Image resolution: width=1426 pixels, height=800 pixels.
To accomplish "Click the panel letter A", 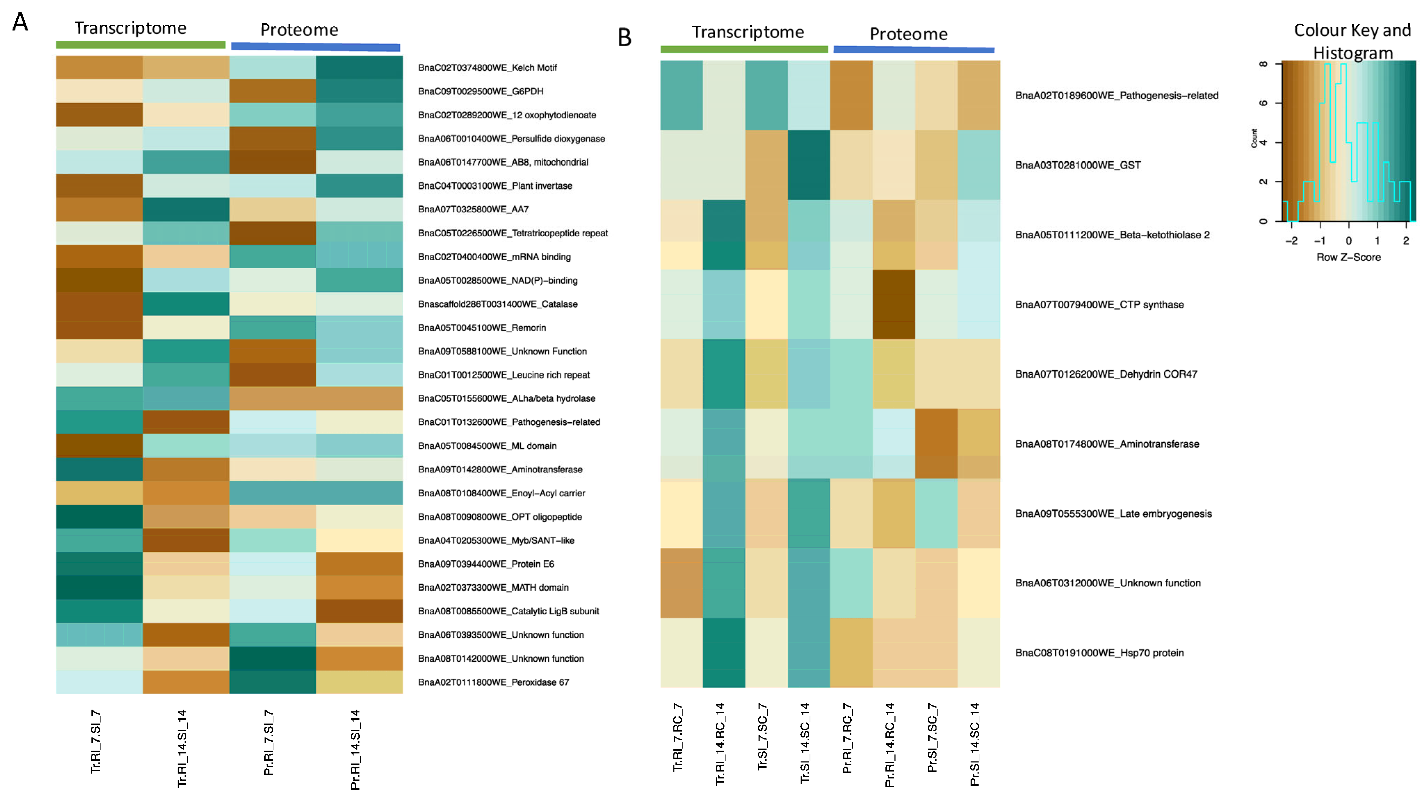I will pos(21,22).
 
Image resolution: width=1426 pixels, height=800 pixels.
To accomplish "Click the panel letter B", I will pos(624,38).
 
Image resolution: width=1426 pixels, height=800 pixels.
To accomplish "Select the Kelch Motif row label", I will pos(487,67).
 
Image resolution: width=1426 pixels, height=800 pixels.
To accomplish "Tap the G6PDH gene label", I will pos(480,91).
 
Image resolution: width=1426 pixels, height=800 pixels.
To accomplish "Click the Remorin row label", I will pos(481,327).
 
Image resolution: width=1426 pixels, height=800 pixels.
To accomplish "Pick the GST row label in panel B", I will pos(1077,165).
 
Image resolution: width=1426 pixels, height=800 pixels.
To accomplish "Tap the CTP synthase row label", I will pos(1099,304).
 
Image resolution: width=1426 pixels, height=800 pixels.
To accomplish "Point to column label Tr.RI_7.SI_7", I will pos(96,741).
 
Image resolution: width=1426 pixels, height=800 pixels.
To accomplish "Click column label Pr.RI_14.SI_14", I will pos(355,750).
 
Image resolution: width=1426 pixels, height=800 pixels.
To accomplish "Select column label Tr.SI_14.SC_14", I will pos(805,742).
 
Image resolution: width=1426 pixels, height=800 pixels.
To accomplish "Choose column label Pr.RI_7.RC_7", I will pos(847,738).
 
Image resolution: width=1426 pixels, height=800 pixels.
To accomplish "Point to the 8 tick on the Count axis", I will pos(1263,64).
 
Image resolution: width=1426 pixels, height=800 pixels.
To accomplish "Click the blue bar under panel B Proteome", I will pos(913,50).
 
